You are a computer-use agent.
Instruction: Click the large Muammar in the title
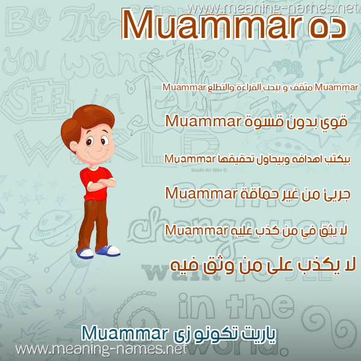point(212,25)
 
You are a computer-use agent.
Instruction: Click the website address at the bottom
point(101,349)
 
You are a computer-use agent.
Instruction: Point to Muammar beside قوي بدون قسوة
point(203,122)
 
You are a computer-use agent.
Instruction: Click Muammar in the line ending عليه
point(195,230)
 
